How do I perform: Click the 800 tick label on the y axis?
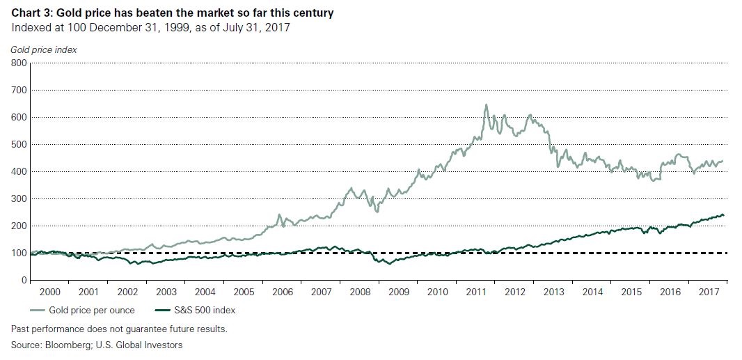pos(19,63)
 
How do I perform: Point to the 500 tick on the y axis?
pos(19,144)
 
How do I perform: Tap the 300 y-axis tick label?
pos(19,198)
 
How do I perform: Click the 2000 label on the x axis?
pos(49,292)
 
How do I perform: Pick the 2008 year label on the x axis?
pos(361,292)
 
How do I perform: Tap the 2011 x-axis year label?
pos(477,292)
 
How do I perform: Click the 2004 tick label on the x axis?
pos(205,292)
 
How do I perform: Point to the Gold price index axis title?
pos(44,49)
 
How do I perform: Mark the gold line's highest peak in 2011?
pos(486,105)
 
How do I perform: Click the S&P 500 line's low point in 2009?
pos(390,264)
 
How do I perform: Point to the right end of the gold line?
pos(723,161)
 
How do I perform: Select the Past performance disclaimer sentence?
pos(119,328)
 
